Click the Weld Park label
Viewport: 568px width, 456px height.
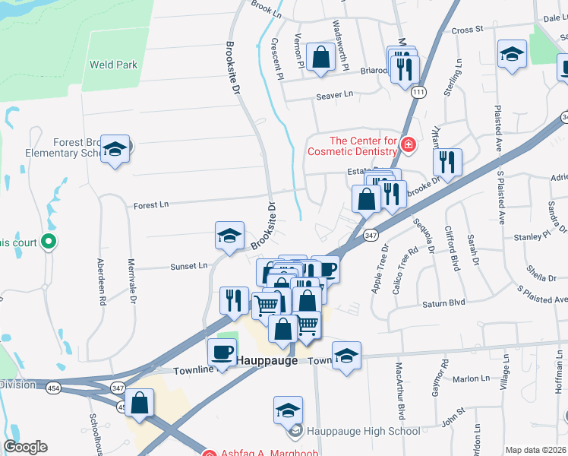(x=113, y=65)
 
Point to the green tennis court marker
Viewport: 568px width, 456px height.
(x=49, y=242)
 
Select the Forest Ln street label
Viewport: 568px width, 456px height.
(x=150, y=205)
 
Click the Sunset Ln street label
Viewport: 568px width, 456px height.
(x=189, y=266)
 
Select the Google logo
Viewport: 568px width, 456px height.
(x=25, y=447)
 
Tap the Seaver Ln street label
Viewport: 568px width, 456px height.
(x=335, y=95)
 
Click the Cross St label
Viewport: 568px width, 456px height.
(x=468, y=30)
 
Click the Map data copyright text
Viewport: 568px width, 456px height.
(x=535, y=450)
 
